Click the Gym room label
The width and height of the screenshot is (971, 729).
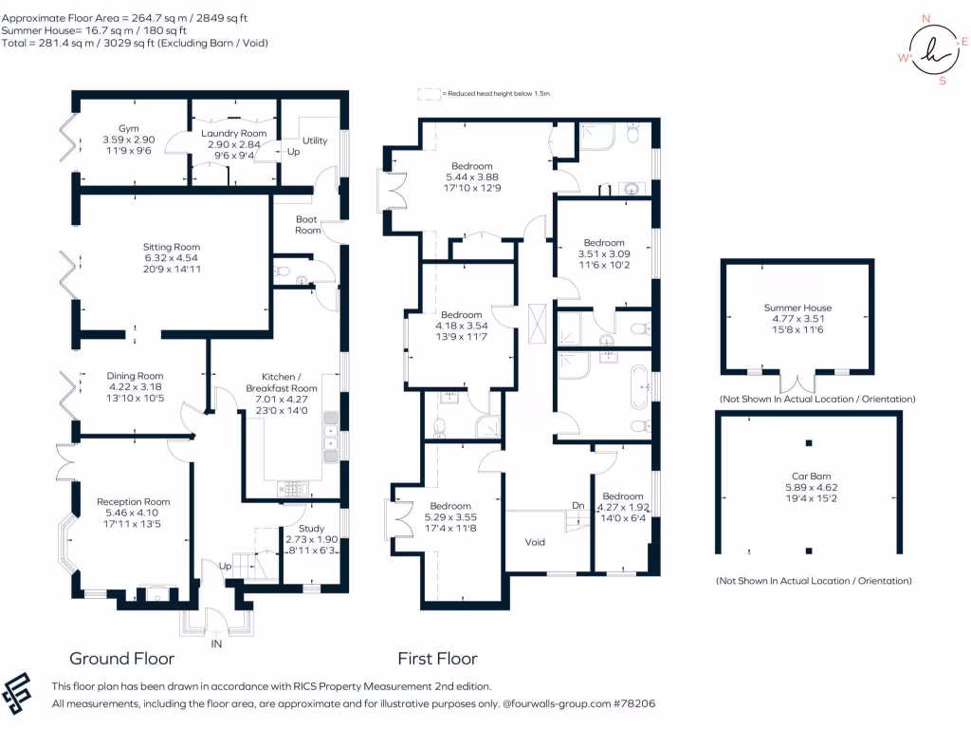[x=129, y=128]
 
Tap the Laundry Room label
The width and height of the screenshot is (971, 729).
[x=234, y=133]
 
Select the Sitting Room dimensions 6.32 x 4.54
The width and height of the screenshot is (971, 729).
[x=171, y=258]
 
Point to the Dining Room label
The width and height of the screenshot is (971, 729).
[x=135, y=376]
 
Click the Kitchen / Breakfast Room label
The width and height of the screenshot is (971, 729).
[x=281, y=383]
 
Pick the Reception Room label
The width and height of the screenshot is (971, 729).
[x=133, y=501]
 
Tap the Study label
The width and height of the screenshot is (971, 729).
[x=311, y=528]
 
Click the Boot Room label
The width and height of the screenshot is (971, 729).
[x=307, y=224]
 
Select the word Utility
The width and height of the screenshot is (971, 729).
[x=315, y=140]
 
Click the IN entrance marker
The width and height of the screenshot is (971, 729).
[x=216, y=645]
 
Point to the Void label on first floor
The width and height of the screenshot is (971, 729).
[x=535, y=542]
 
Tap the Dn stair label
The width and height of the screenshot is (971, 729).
[x=577, y=505]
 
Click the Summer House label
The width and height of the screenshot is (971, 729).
[x=797, y=308]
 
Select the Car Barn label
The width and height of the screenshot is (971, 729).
[x=812, y=477]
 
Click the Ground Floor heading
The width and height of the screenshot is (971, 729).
[x=122, y=659]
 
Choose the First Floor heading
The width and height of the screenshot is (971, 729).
[x=438, y=659]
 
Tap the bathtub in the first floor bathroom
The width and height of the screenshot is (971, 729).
[x=639, y=387]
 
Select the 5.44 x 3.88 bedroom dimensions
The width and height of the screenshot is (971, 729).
[x=472, y=177]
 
